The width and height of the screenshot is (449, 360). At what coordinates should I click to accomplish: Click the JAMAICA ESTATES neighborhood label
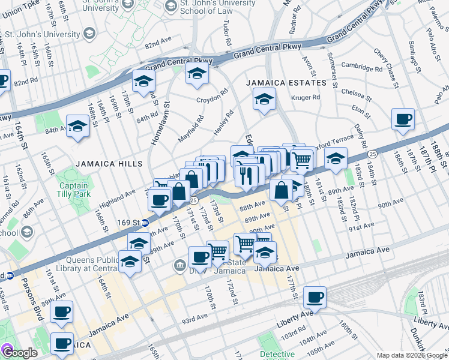[285, 83]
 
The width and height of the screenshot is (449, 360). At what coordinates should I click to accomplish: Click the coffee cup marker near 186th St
[403, 119]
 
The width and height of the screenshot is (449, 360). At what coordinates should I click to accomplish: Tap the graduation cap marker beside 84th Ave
[77, 126]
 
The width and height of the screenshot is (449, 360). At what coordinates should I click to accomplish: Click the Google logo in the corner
[20, 353]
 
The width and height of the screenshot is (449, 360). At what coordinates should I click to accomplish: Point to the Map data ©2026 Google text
[412, 355]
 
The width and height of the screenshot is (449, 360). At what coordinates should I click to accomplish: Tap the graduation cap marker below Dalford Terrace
[335, 158]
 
